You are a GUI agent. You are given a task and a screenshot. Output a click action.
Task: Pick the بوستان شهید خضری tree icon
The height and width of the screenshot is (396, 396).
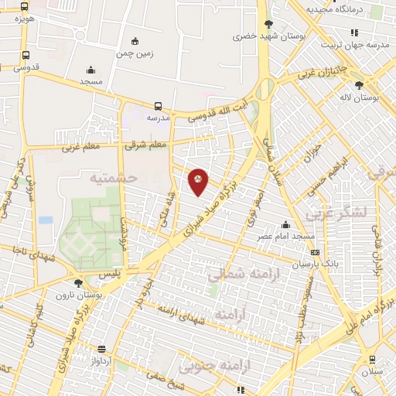(x=268, y=24)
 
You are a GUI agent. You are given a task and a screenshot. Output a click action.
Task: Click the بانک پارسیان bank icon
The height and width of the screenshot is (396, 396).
(x=314, y=252)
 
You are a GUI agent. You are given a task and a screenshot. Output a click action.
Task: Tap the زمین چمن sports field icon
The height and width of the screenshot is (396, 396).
(x=136, y=41)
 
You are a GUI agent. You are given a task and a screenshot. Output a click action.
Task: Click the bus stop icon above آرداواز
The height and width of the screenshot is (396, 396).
(x=102, y=350)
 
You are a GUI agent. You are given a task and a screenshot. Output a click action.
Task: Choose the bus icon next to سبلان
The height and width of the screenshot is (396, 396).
(x=372, y=359)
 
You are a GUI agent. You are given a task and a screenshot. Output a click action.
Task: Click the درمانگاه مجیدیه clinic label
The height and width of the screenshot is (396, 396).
(x=334, y=9)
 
